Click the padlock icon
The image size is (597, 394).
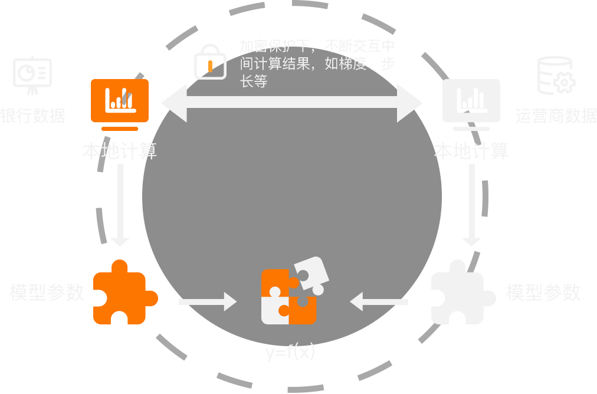210,62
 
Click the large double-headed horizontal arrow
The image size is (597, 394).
292,103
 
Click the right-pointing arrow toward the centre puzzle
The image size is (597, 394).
206,302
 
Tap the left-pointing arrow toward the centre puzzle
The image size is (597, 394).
379,302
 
